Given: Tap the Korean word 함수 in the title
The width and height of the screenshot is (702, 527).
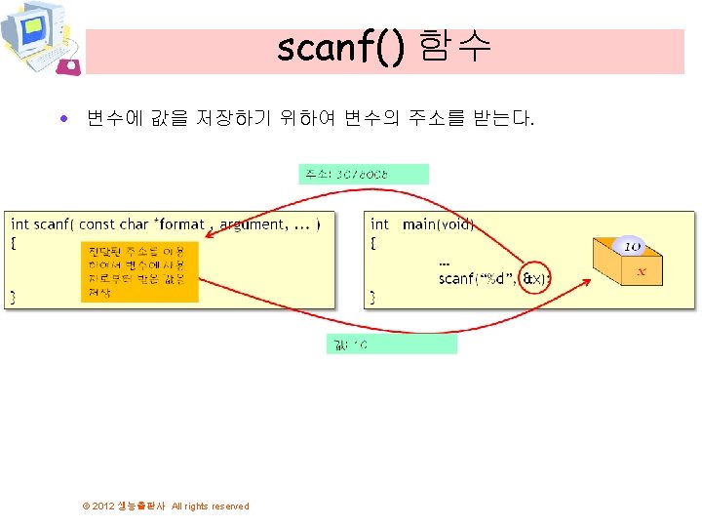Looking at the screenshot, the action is click(x=454, y=47).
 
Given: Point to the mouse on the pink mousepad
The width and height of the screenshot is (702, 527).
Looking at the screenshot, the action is click(x=69, y=65).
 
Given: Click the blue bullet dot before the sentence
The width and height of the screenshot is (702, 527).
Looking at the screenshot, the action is click(x=63, y=120).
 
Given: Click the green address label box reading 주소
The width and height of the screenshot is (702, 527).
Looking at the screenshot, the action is click(x=363, y=174).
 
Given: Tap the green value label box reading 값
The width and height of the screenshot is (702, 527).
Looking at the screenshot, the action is click(x=391, y=345).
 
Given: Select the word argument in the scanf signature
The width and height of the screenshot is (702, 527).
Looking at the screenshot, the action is click(x=252, y=224).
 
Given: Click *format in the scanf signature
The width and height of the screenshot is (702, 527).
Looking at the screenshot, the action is click(x=178, y=224).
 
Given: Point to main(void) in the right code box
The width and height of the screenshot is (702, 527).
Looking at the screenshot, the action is click(x=438, y=224).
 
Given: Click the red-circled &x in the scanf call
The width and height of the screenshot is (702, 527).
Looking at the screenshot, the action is click(x=534, y=279).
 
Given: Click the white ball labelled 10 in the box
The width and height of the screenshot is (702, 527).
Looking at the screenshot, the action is click(x=631, y=247).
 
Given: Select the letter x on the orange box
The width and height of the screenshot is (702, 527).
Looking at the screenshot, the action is click(x=641, y=272).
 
